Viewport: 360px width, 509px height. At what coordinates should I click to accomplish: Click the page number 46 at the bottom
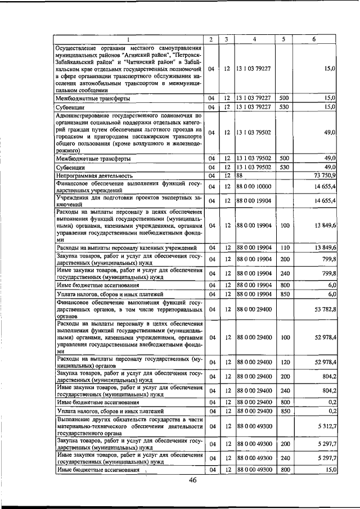[192, 480]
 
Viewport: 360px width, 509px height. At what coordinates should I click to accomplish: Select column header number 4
[254, 39]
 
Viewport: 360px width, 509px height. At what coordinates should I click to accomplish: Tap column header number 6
[314, 39]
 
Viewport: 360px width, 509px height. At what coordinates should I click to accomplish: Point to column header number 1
[128, 39]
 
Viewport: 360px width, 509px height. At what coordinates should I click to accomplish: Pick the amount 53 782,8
[325, 309]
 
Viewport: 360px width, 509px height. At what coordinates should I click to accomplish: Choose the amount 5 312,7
[326, 427]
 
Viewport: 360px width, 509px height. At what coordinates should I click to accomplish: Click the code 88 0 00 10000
[254, 186]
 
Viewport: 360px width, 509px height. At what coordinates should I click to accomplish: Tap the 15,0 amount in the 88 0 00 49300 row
[330, 469]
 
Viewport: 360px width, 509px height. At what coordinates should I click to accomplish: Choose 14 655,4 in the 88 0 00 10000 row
[325, 186]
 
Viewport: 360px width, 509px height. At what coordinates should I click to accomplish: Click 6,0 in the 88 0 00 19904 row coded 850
[332, 294]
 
